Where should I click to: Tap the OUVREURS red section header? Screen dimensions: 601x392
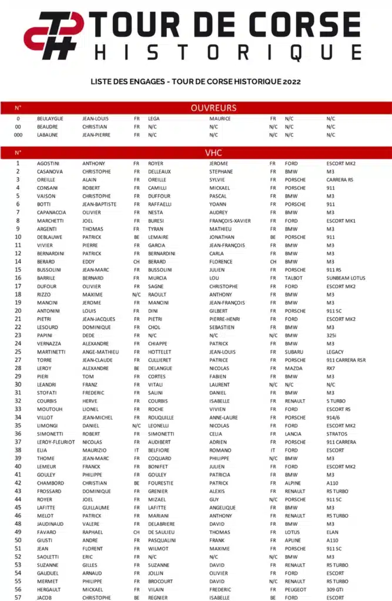[213, 107]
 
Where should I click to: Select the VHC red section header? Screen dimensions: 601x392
[213, 153]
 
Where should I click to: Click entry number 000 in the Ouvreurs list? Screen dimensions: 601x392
[18, 135]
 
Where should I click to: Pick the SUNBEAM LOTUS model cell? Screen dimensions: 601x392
[346, 278]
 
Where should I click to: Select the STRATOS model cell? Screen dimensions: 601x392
[337, 434]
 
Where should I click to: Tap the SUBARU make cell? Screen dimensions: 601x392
[294, 352]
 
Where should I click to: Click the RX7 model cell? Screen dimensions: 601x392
[331, 368]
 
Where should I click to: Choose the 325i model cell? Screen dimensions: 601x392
[332, 335]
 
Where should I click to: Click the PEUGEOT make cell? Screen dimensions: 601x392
[296, 589]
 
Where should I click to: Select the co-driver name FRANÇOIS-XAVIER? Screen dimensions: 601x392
[230, 221]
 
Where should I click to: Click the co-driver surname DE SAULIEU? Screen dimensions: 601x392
[163, 532]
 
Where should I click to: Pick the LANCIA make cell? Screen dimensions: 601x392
[293, 434]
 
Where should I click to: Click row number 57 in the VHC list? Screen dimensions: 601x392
[18, 597]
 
